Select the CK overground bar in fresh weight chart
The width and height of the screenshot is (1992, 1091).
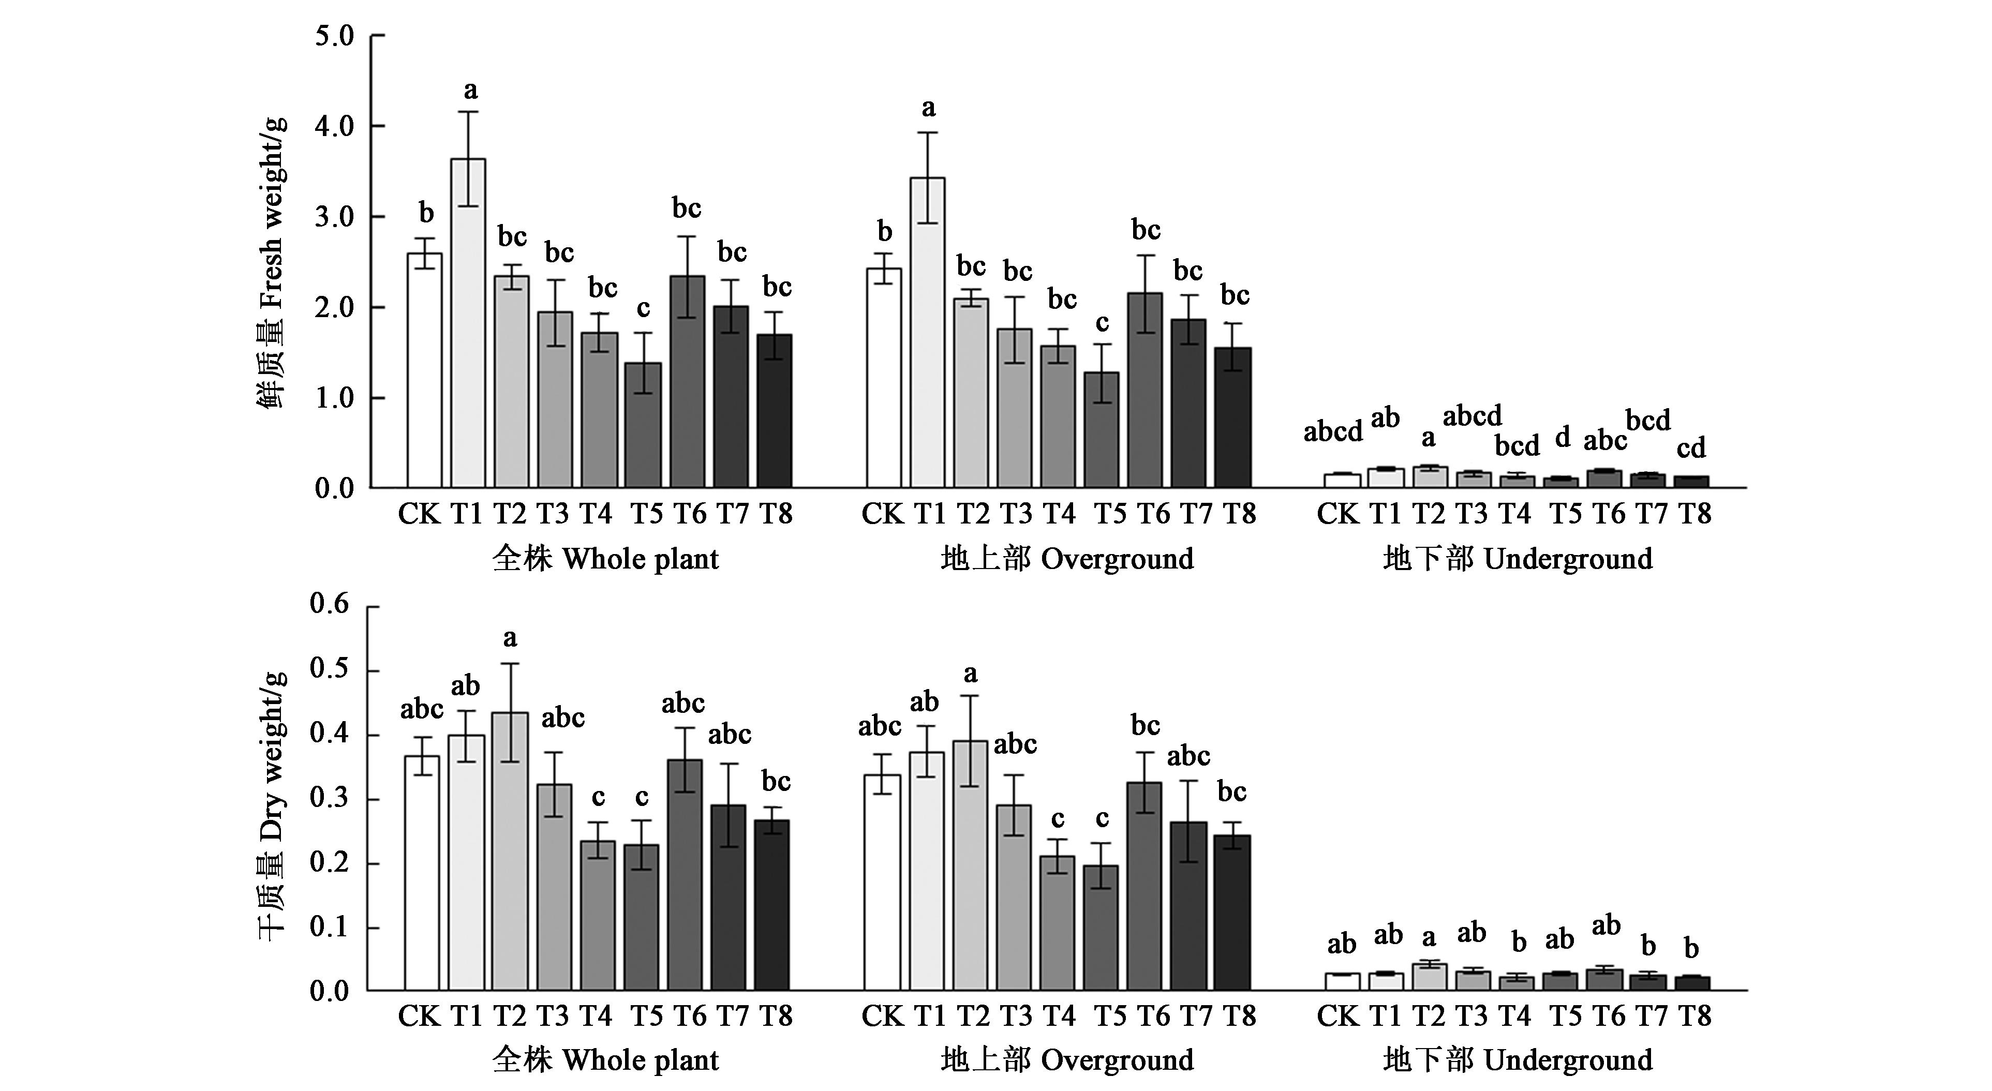click(883, 378)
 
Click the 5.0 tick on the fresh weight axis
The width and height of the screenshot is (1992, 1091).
click(334, 36)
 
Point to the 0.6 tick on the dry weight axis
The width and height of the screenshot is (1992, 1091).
click(330, 604)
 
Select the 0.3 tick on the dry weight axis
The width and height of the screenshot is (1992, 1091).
click(330, 798)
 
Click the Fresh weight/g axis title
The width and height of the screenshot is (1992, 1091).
click(272, 263)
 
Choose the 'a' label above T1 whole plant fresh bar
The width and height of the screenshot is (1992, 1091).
click(470, 91)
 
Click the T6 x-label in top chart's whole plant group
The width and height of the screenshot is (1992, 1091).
click(689, 513)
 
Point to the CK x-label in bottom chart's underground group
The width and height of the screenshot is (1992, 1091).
click(1338, 1015)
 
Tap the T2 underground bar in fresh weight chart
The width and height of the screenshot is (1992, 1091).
click(1429, 477)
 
